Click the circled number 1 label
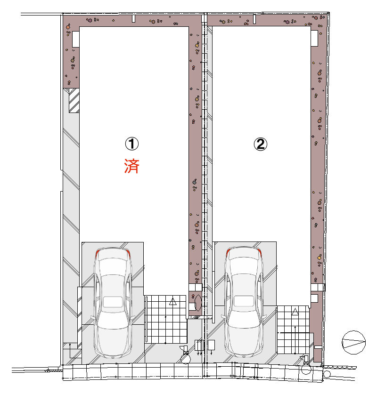[x=132, y=144]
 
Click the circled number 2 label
[x=260, y=144]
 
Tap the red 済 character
[x=132, y=166]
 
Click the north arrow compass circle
[x=353, y=342]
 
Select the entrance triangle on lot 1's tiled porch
[x=172, y=301]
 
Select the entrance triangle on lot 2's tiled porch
[x=295, y=312]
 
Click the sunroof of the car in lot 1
[x=113, y=302]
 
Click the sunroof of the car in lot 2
[x=244, y=301]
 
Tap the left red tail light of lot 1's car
[x=97, y=254]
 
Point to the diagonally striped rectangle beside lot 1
[x=74, y=100]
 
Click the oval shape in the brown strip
[x=198, y=302]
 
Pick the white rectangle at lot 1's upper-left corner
[x=76, y=39]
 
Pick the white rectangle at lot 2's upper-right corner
[x=314, y=38]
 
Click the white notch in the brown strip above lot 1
[x=133, y=19]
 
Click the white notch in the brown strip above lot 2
[x=254, y=19]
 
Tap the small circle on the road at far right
[x=327, y=374]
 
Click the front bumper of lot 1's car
[x=113, y=355]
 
